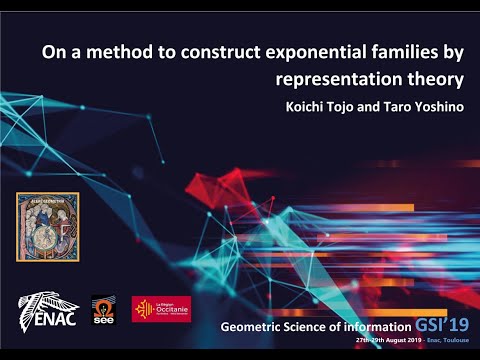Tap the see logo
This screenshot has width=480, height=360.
(104, 309)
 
